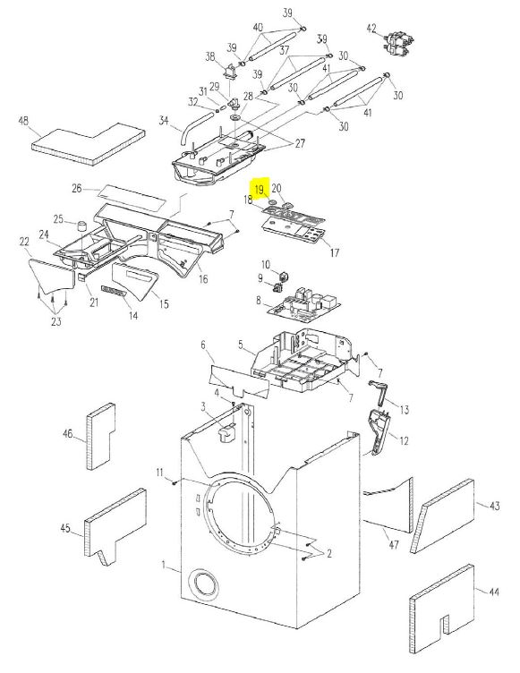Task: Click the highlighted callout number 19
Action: coord(260,189)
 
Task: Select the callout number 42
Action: coord(371,29)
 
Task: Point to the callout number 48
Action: coord(23,121)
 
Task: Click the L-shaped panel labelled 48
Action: coord(87,144)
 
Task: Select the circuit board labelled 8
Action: coord(304,305)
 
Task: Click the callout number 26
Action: coord(76,188)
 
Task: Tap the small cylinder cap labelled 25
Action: coord(82,226)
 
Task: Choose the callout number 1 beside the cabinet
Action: coord(164,566)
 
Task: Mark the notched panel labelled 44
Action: coord(441,609)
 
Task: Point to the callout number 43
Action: coord(495,506)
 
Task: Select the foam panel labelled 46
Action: coord(101,436)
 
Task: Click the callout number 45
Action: coord(65,527)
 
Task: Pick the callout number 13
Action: coord(405,410)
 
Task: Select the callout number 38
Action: coord(210,56)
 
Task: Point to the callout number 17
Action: coord(335,252)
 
